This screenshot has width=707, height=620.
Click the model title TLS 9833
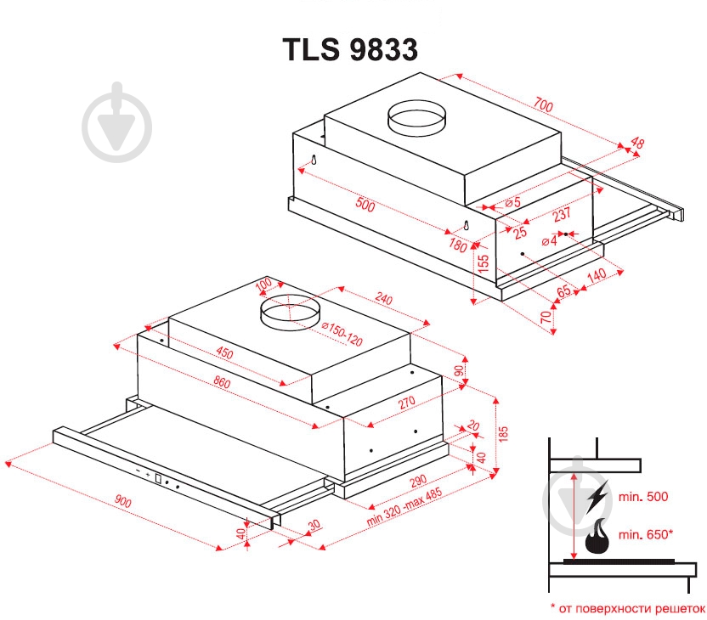350,50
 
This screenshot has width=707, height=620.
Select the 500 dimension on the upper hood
365,205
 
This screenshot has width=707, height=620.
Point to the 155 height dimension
483,263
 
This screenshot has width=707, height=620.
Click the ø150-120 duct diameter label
342,335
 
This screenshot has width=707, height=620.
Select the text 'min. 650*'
646,534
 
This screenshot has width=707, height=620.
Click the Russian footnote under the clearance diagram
627,608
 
